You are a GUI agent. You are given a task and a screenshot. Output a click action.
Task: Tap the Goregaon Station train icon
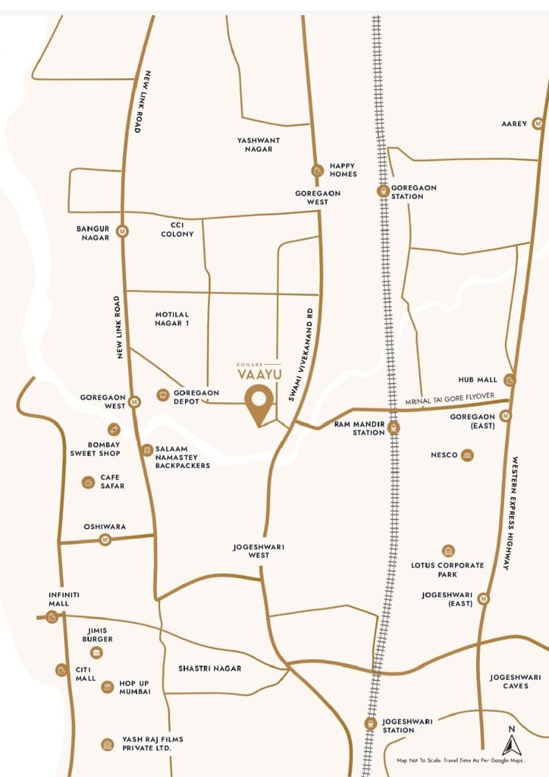click(382, 191)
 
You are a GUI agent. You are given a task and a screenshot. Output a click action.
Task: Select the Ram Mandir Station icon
click(394, 427)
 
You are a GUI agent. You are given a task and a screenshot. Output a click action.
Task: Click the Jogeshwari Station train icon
click(371, 724)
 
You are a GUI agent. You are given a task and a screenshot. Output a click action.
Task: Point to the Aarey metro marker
click(539, 123)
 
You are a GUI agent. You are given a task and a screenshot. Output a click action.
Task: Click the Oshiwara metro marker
click(105, 540)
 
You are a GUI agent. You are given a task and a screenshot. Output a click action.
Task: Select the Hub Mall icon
click(509, 380)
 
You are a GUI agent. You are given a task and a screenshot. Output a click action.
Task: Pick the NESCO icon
click(466, 456)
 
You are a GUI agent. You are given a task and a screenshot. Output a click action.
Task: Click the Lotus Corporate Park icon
click(448, 551)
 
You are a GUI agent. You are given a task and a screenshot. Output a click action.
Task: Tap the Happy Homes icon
click(317, 170)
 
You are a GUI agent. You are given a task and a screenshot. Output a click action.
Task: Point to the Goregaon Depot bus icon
click(162, 395)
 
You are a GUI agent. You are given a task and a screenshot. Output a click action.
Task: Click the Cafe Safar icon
click(88, 482)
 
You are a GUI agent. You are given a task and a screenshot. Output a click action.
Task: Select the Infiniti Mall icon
click(52, 617)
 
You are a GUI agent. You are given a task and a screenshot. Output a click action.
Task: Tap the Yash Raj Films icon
click(108, 744)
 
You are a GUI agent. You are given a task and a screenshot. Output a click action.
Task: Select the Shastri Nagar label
click(209, 669)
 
